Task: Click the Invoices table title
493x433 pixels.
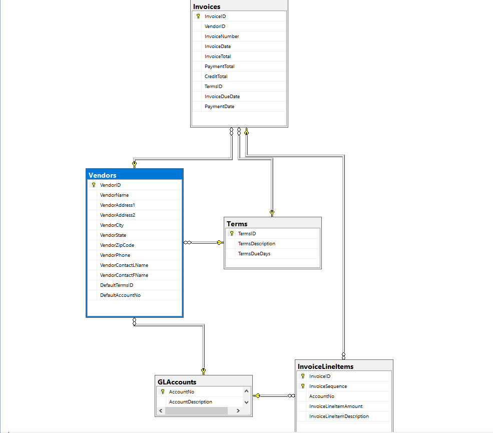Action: (x=207, y=7)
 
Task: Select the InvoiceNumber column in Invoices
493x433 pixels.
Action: (x=222, y=37)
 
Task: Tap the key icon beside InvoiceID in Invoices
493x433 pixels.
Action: (x=198, y=17)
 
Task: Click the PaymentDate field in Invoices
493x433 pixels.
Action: (x=219, y=107)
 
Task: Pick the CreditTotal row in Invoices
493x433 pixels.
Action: (x=216, y=77)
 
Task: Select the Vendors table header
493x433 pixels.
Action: (x=103, y=175)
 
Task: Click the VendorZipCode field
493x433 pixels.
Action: (x=117, y=245)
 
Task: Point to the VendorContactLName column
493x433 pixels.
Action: (x=124, y=265)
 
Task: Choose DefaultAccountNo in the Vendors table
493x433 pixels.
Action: (x=120, y=295)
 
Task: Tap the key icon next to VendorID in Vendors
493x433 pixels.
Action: (x=94, y=185)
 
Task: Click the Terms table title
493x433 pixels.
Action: (x=237, y=224)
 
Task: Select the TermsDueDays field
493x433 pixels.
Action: (x=254, y=254)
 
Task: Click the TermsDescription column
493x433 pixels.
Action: (x=256, y=244)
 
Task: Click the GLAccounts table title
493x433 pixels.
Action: (x=177, y=382)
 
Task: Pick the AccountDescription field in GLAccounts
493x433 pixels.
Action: (x=190, y=402)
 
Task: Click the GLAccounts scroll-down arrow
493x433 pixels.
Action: (x=246, y=402)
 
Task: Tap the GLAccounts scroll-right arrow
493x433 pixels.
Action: (x=238, y=411)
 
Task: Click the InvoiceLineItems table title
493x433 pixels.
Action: (x=325, y=366)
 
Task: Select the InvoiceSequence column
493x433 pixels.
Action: (x=328, y=386)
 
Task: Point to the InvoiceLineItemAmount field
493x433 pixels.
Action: (x=336, y=406)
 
